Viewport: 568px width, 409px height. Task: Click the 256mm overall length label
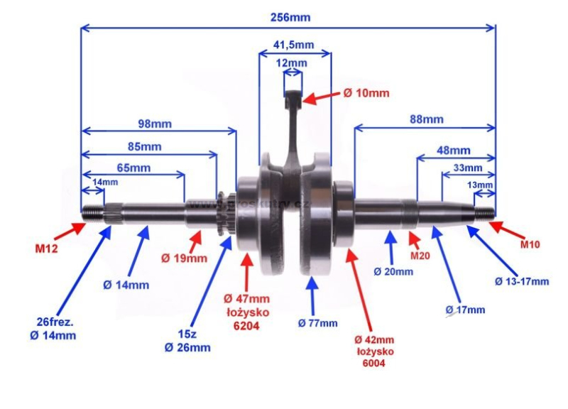pyautogui.click(x=290, y=17)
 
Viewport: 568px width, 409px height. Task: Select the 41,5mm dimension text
pyautogui.click(x=293, y=45)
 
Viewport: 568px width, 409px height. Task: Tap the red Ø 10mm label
pyautogui.click(x=366, y=93)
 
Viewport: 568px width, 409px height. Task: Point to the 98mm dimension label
pyautogui.click(x=155, y=124)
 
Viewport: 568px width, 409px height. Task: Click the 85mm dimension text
pyautogui.click(x=145, y=147)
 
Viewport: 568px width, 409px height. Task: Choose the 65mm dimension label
pyautogui.click(x=133, y=168)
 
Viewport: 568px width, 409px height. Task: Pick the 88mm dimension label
pyautogui.click(x=427, y=119)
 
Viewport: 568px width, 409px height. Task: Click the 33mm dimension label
pyautogui.click(x=468, y=168)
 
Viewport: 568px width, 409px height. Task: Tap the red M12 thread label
pyautogui.click(x=46, y=249)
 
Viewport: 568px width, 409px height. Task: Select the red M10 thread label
pyautogui.click(x=530, y=244)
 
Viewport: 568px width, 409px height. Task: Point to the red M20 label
pyautogui.click(x=420, y=256)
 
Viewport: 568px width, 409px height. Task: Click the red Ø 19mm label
pyautogui.click(x=184, y=258)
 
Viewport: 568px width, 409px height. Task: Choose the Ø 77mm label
pyautogui.click(x=317, y=323)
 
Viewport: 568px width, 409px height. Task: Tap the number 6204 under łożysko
pyautogui.click(x=246, y=326)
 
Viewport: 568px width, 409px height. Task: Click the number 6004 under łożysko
pyautogui.click(x=374, y=363)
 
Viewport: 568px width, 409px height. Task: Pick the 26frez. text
pyautogui.click(x=55, y=322)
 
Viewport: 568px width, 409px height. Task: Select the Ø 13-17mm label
pyautogui.click(x=522, y=281)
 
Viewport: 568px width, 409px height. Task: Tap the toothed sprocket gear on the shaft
pyautogui.click(x=223, y=214)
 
